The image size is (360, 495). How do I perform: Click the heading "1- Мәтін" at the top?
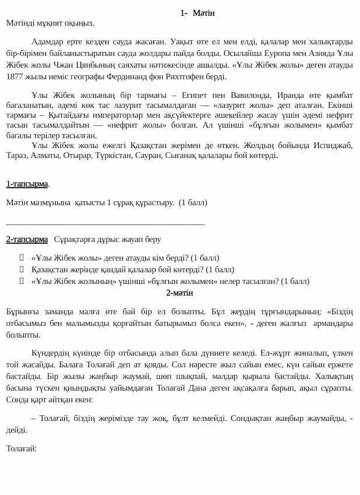[x=197, y=13]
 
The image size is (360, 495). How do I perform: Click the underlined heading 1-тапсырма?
[x=27, y=184]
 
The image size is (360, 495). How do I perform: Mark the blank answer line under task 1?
[x=105, y=223]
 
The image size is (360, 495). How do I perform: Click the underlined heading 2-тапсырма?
[x=27, y=239]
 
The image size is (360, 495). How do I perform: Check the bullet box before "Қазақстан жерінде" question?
[x=22, y=269]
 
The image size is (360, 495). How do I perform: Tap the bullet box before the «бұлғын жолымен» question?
[x=22, y=281]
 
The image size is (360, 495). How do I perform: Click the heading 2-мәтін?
[x=179, y=293]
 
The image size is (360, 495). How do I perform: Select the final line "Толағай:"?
[x=22, y=448]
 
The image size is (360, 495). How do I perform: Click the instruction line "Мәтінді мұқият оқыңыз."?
[x=50, y=23]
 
